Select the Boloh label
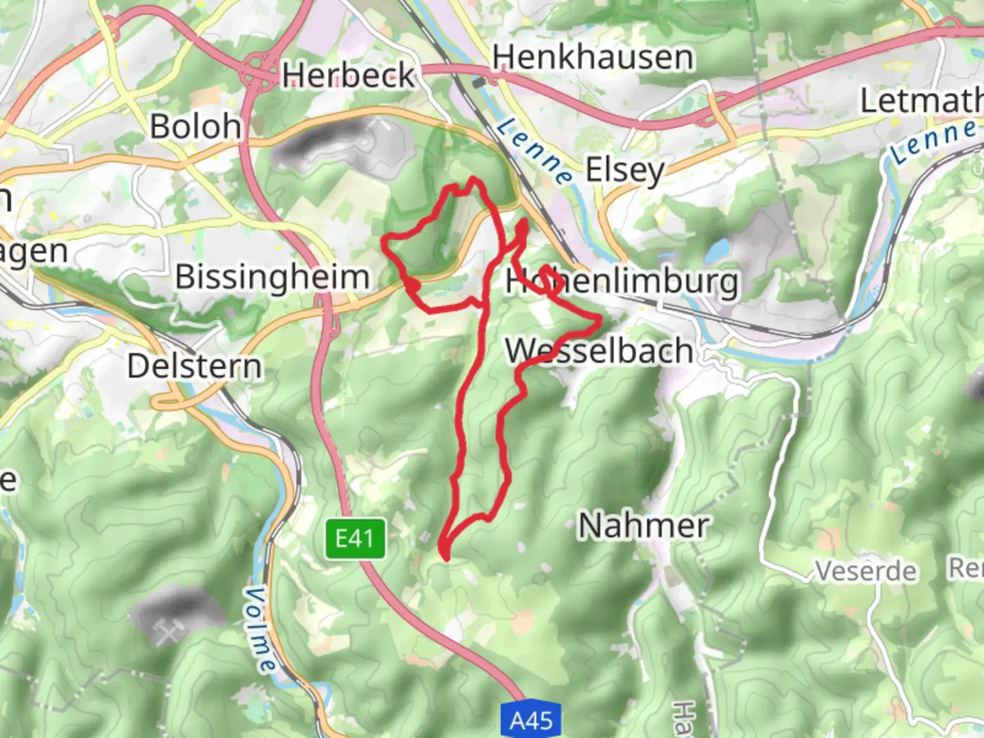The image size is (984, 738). pos(195,126)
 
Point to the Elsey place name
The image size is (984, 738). pos(625,170)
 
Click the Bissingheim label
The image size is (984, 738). pos(272,277)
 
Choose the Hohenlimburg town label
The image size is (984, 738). pos(622,281)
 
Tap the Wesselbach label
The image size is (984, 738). pos(599,351)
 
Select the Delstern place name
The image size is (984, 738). pos(195,366)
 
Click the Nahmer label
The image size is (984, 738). pos(644,525)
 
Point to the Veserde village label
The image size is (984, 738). pos(865,570)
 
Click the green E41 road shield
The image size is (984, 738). pos(355,538)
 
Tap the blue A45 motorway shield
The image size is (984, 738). pos(531,720)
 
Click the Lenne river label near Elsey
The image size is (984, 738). pos(535,150)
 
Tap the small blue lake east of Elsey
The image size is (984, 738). pos(717,250)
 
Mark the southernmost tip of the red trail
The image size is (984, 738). pos(446,558)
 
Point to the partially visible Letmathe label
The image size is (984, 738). pos(921,100)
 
